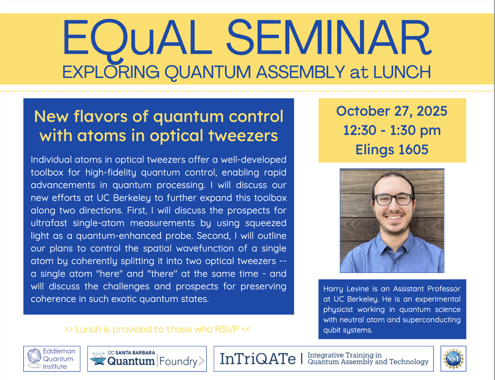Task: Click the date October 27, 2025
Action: (x=392, y=111)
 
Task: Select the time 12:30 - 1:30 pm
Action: (x=392, y=130)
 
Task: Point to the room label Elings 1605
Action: (x=392, y=150)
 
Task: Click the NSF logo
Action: (x=453, y=359)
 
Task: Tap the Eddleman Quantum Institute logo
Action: (x=52, y=359)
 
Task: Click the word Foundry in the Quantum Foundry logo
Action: (x=178, y=361)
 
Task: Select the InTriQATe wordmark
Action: (x=258, y=359)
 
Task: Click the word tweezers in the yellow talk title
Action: (x=243, y=136)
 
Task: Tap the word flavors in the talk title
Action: (x=100, y=116)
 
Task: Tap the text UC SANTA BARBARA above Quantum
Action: (x=131, y=353)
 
